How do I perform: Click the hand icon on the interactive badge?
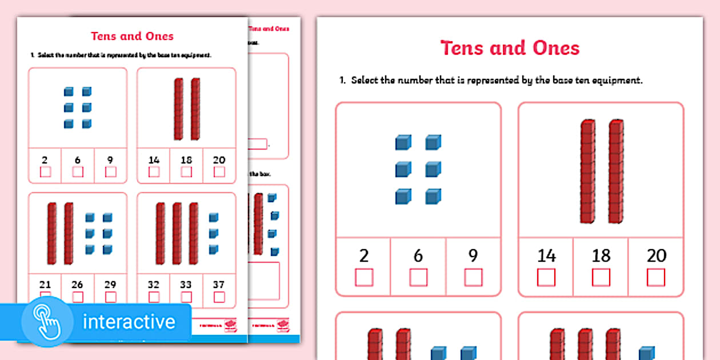pos(47,322)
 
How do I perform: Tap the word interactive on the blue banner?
pos(129,322)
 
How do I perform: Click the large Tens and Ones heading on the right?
pos(510,48)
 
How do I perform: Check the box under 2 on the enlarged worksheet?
pos(364,277)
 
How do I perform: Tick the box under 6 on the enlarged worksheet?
pos(418,277)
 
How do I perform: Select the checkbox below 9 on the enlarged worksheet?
pos(473,277)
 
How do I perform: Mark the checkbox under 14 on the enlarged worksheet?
pos(546,277)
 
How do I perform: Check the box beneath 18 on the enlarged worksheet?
pos(601,277)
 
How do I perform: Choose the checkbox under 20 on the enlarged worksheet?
pos(656,277)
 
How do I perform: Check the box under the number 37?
pos(219,297)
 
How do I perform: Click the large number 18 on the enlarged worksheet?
pos(601,255)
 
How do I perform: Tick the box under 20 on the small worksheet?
pos(219,172)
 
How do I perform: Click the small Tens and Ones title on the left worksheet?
pos(132,36)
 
